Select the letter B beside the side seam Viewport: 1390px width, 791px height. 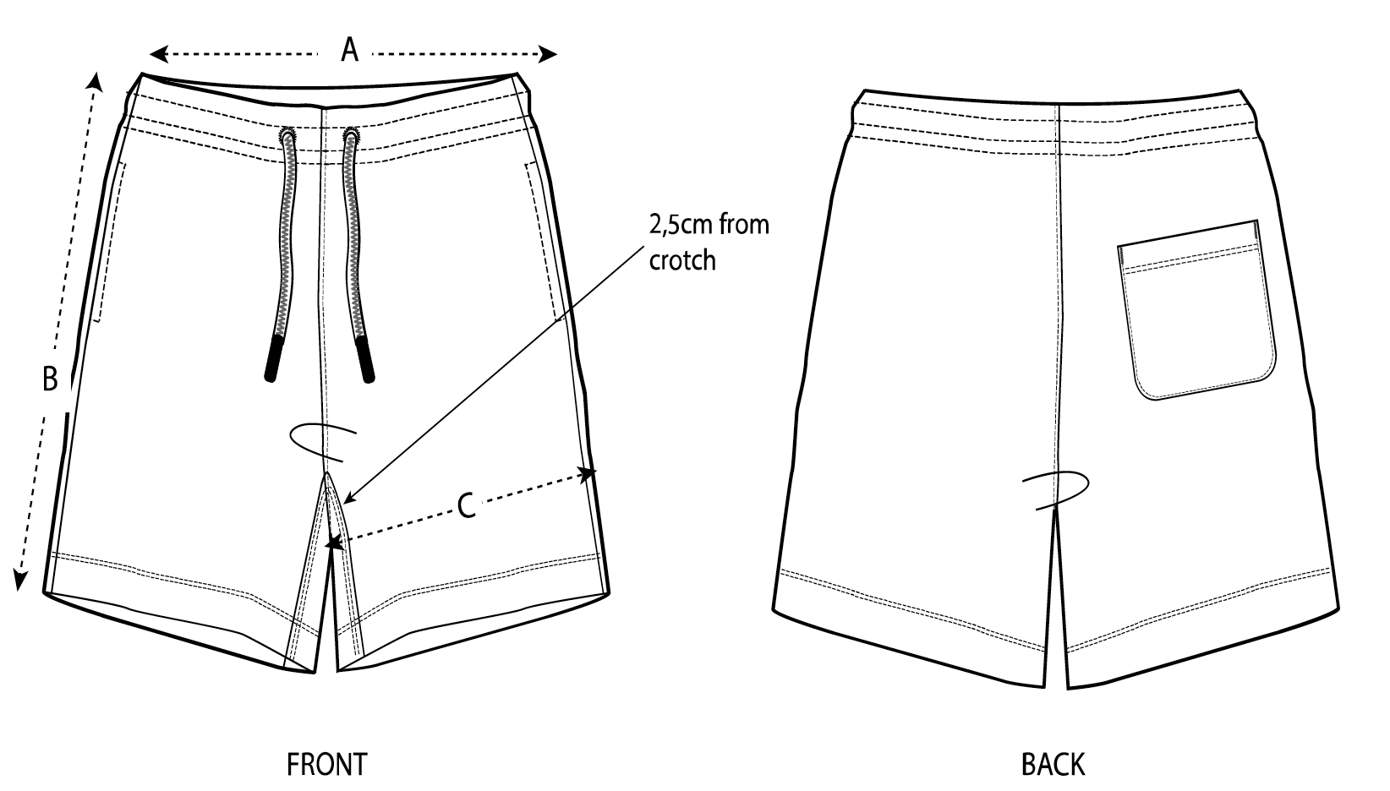click(50, 379)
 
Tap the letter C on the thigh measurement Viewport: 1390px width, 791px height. click(466, 506)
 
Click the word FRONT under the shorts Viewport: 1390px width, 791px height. click(326, 764)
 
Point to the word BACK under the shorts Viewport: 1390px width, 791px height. click(1053, 764)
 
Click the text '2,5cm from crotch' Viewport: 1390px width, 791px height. click(709, 243)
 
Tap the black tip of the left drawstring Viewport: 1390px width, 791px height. click(272, 358)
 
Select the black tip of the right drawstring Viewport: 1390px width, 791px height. click(365, 360)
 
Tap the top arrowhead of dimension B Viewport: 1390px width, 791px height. click(96, 80)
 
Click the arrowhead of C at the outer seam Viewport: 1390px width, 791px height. click(588, 474)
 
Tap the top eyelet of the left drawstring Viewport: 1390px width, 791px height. click(287, 135)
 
